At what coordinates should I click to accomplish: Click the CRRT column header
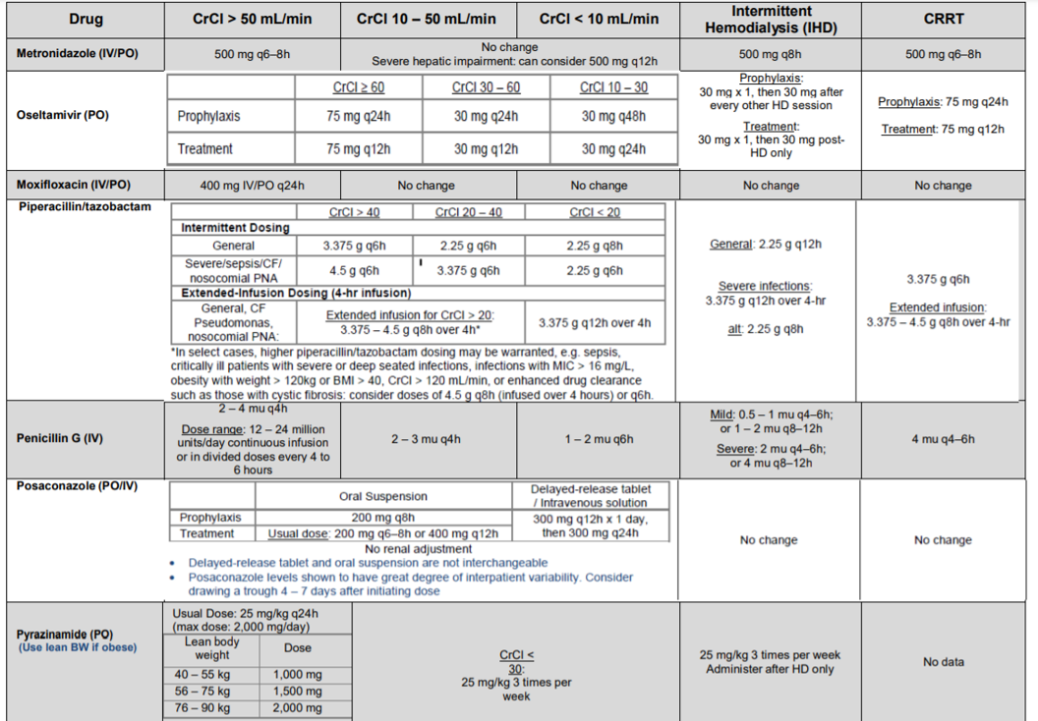[943, 19]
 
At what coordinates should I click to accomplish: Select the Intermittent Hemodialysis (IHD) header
[771, 19]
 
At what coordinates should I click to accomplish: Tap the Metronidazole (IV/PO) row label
[77, 53]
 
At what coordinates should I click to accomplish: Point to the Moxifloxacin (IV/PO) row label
[74, 185]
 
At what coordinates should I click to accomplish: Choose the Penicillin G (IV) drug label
[60, 438]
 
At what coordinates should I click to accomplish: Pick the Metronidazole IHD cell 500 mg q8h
[771, 54]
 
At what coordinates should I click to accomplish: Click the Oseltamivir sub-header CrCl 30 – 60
[486, 87]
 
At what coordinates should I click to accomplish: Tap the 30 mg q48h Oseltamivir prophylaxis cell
[613, 116]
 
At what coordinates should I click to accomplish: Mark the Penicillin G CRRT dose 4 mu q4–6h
[943, 439]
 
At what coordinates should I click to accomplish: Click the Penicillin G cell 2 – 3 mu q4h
[428, 439]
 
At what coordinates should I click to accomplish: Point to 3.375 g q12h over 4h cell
[594, 322]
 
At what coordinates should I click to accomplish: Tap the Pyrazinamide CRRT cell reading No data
[943, 662]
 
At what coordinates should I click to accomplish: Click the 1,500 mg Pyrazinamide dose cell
[297, 692]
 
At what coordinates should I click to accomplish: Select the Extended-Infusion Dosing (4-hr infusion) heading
[296, 293]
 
